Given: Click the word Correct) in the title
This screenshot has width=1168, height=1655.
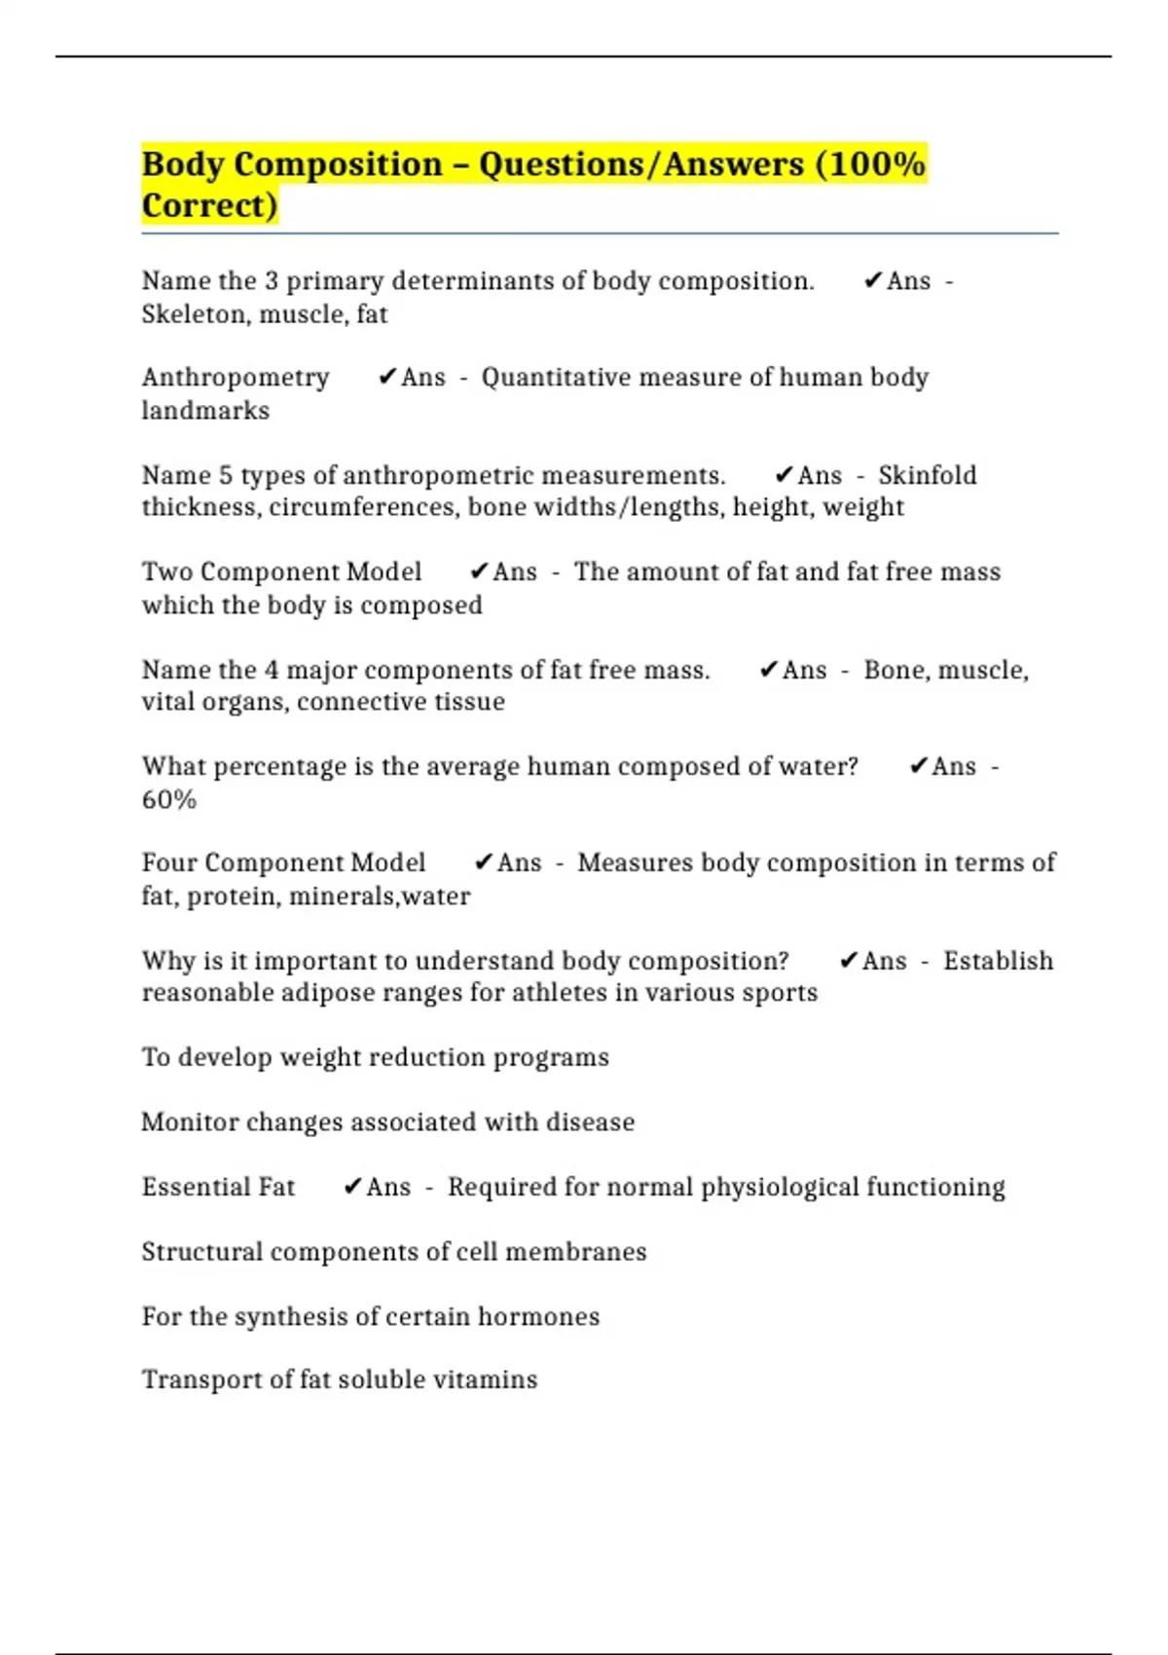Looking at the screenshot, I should coord(209,205).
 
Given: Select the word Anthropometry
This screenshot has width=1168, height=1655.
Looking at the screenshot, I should coord(236,377).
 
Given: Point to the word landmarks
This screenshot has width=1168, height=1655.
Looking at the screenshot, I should coord(205,410).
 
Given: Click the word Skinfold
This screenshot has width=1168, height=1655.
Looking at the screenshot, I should coord(927,475).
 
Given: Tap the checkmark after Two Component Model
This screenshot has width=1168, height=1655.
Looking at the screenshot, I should coord(478,571).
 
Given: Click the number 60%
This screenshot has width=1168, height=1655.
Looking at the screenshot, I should coord(169,799).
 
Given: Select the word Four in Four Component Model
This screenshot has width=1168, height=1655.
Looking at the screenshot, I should coord(169,863).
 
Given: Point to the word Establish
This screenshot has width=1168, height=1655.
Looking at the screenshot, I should coord(998,961).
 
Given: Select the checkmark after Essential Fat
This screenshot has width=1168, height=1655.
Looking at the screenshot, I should coord(352,1187).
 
